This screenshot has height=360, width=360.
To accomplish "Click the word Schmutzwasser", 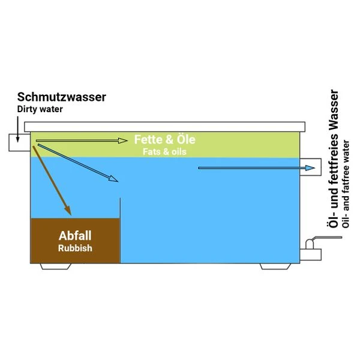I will [x=62, y=97].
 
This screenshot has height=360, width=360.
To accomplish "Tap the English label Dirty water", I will [x=40, y=110].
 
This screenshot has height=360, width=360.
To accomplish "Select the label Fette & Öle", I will [x=164, y=140].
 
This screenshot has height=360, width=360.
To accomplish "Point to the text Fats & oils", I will [x=164, y=152].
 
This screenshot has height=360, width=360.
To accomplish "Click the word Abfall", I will [x=75, y=235].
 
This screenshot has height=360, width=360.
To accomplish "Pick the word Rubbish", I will [x=75, y=248].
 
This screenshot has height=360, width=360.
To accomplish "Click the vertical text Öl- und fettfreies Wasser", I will [x=334, y=158].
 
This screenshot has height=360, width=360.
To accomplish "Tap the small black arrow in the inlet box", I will [x=17, y=136].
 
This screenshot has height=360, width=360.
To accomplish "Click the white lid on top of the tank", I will [x=165, y=127].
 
